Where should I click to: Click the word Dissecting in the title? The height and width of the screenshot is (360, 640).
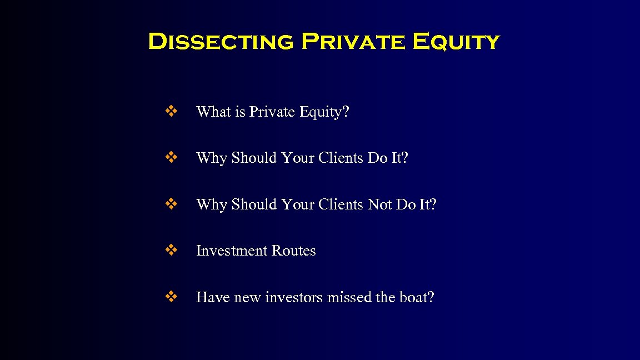(x=221, y=42)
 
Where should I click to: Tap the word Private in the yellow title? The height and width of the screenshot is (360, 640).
(x=353, y=42)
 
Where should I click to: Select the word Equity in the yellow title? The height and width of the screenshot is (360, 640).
(x=456, y=42)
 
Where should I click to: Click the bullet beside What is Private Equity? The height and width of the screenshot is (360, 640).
(x=171, y=112)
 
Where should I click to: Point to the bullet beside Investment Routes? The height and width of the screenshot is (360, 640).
(x=171, y=251)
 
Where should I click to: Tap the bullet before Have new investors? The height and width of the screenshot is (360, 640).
(x=171, y=297)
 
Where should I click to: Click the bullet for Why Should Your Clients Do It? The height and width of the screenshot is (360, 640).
(x=171, y=158)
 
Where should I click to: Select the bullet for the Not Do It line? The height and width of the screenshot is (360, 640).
(x=171, y=204)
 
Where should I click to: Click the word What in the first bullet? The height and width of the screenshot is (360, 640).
(x=213, y=112)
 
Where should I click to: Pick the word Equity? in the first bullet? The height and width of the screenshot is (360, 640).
(x=324, y=112)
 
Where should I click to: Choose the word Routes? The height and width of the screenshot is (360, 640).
(x=293, y=251)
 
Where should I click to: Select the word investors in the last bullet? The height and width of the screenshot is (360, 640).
(x=293, y=297)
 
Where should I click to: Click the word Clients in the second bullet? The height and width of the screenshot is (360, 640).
(x=341, y=158)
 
